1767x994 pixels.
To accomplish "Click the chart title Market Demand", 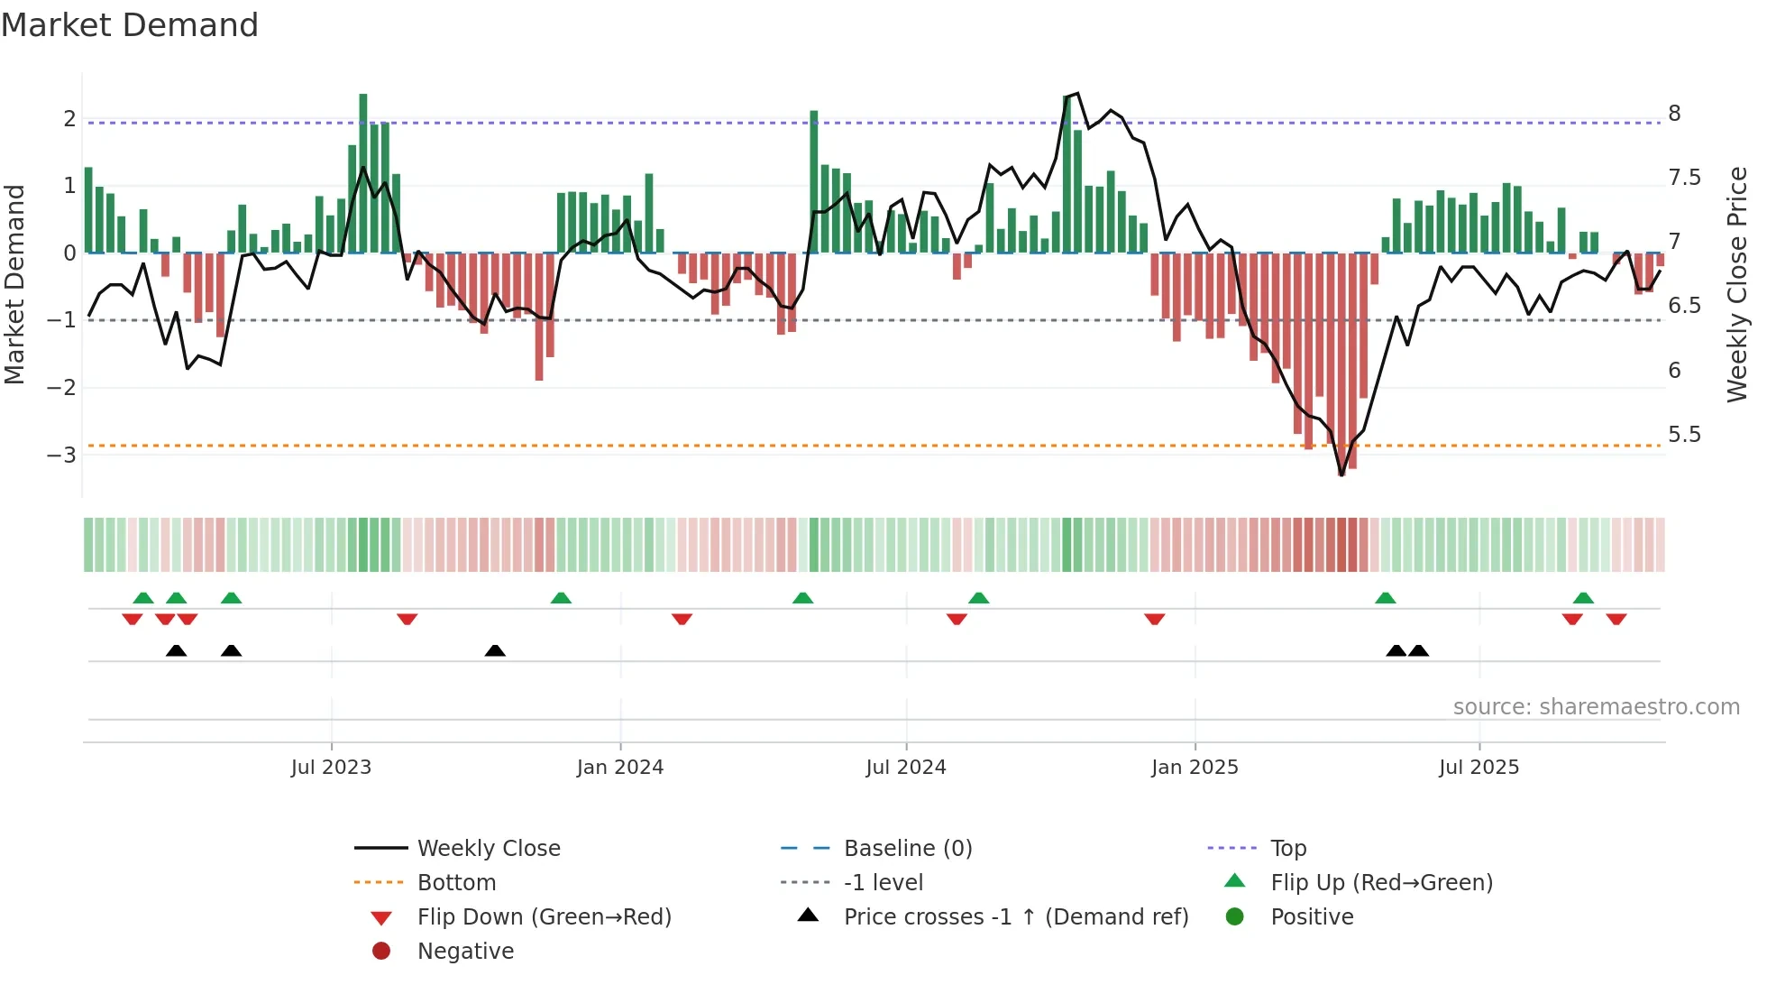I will tap(130, 25).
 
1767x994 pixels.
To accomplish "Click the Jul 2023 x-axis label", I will tap(331, 768).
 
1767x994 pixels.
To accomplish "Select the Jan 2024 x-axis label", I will tap(620, 768).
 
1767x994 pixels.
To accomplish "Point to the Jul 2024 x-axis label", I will tap(906, 768).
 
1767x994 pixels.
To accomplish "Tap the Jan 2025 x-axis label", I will tap(1195, 768).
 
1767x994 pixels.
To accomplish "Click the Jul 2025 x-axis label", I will tap(1479, 768).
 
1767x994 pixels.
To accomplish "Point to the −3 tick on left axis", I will tap(61, 455).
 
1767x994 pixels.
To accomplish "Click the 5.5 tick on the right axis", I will tap(1684, 435).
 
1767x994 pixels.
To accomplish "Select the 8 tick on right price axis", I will tap(1674, 114).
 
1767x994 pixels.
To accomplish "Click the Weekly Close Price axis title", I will tap(1737, 284).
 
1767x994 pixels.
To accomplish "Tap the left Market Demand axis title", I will tap(14, 284).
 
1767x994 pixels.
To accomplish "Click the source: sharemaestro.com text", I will tap(1596, 707).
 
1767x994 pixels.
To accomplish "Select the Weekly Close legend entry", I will tap(488, 849).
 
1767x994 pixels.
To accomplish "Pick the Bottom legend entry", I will tap(456, 883).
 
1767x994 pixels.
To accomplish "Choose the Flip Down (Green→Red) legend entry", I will tap(544, 917).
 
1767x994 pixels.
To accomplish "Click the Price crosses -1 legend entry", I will tap(1015, 917).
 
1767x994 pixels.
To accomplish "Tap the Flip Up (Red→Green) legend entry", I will tap(1381, 883).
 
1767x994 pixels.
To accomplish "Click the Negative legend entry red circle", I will tap(381, 952).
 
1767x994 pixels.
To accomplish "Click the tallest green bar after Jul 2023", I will tap(363, 171).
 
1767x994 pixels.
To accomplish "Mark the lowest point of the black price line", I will tap(1341, 474).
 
